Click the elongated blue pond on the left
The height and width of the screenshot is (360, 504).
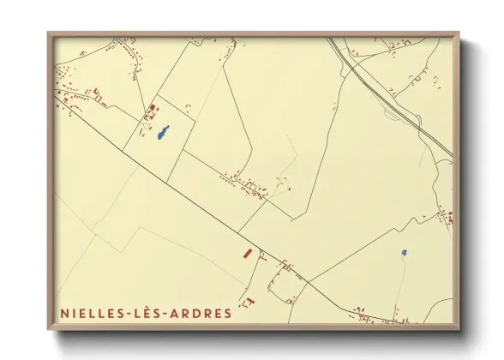point(162,135)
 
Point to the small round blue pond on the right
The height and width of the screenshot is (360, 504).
point(403,253)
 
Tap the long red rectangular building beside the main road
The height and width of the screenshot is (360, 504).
point(246,254)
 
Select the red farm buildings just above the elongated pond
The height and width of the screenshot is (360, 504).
point(152,109)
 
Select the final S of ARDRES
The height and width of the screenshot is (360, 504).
point(227,314)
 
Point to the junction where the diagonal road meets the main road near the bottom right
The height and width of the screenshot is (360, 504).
point(309,280)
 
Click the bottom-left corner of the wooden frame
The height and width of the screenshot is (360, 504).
point(49,330)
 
